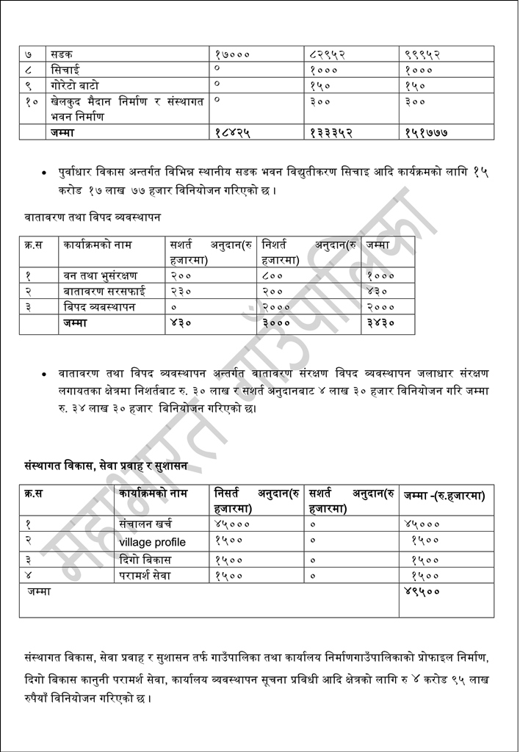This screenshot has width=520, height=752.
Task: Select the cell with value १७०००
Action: click(233, 54)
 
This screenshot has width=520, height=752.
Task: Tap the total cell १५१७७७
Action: click(427, 132)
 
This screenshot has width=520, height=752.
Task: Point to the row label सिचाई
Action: click(66, 70)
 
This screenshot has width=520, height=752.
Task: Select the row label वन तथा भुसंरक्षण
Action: click(100, 275)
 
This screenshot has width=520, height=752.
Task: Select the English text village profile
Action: click(152, 542)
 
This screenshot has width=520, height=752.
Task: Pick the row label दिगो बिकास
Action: click(145, 560)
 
